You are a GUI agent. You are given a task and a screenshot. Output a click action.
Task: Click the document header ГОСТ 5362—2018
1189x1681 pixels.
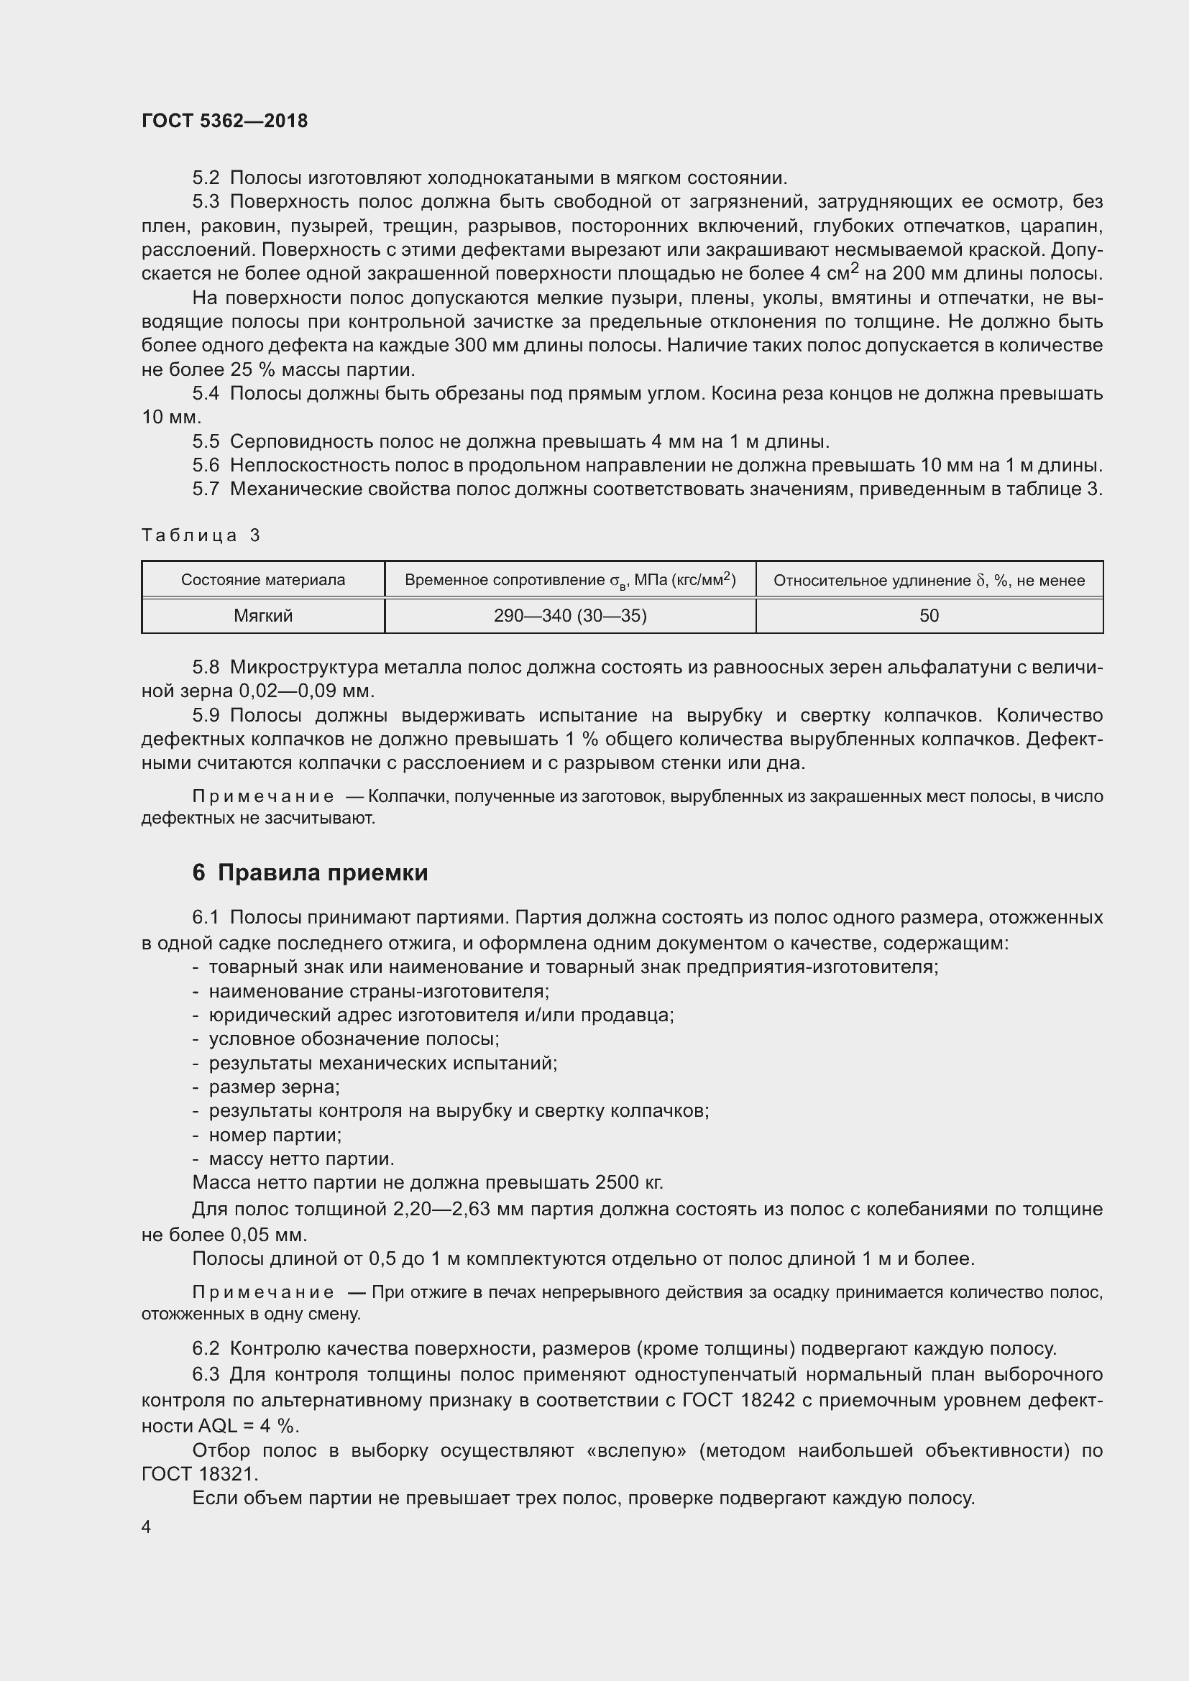tap(224, 121)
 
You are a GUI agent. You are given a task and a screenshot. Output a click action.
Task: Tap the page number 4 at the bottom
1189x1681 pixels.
tap(147, 1526)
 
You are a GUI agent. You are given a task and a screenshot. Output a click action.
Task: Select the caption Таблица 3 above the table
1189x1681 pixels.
tap(201, 535)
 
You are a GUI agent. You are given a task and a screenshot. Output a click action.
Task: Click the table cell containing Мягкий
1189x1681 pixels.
tap(263, 616)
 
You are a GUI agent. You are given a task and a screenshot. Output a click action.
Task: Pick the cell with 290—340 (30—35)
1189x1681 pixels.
tap(569, 616)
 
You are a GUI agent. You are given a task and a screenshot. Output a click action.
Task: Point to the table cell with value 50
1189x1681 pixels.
tap(928, 616)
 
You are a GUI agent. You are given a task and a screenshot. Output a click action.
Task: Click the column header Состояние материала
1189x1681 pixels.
tap(263, 580)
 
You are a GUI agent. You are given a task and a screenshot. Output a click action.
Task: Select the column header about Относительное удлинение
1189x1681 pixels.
tap(928, 580)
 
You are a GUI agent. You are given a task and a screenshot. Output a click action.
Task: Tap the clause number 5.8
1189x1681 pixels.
tap(206, 667)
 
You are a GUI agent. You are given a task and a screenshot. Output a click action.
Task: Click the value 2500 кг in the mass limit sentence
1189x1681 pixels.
tap(629, 1182)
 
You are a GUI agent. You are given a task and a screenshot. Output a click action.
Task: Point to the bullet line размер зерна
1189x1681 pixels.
tap(274, 1087)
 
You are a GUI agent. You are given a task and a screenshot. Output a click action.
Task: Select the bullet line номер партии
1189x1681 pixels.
tap(275, 1135)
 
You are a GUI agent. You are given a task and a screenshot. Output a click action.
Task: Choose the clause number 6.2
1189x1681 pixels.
tap(206, 1348)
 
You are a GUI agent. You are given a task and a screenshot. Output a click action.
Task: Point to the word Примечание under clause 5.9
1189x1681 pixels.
tap(263, 796)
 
